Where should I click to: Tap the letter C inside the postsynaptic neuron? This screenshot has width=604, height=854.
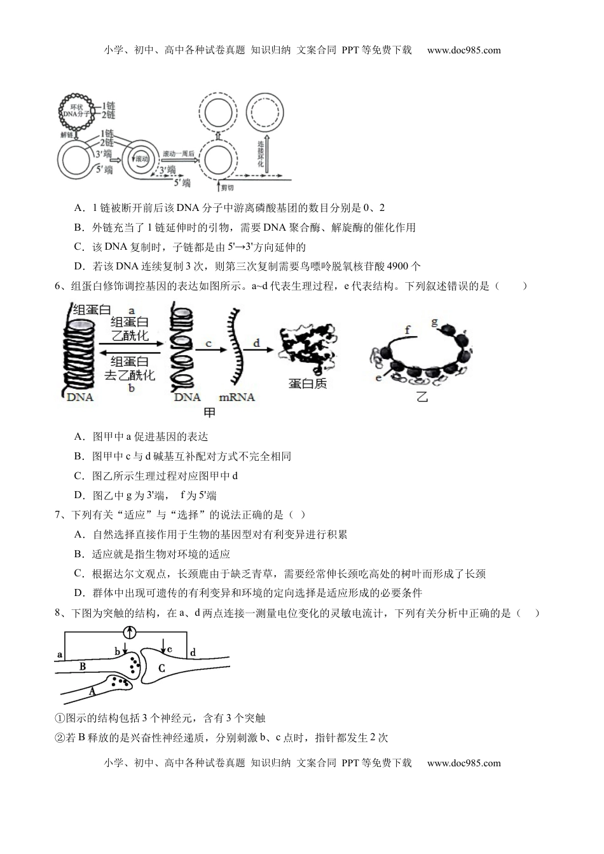(x=161, y=668)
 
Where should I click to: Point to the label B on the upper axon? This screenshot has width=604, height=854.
(x=82, y=667)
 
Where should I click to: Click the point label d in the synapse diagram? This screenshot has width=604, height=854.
(x=193, y=652)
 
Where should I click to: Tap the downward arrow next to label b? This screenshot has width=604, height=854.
(x=126, y=648)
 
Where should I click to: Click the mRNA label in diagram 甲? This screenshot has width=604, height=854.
(x=237, y=397)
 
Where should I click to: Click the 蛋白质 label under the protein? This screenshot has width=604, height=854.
(x=308, y=384)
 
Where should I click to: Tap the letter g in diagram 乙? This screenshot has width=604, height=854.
(x=435, y=323)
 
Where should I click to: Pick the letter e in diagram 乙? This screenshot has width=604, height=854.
(x=378, y=377)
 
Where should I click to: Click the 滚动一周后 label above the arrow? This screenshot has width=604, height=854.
(x=178, y=154)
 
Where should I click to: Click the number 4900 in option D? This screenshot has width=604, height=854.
(x=399, y=267)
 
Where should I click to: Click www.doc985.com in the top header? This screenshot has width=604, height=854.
(x=463, y=50)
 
